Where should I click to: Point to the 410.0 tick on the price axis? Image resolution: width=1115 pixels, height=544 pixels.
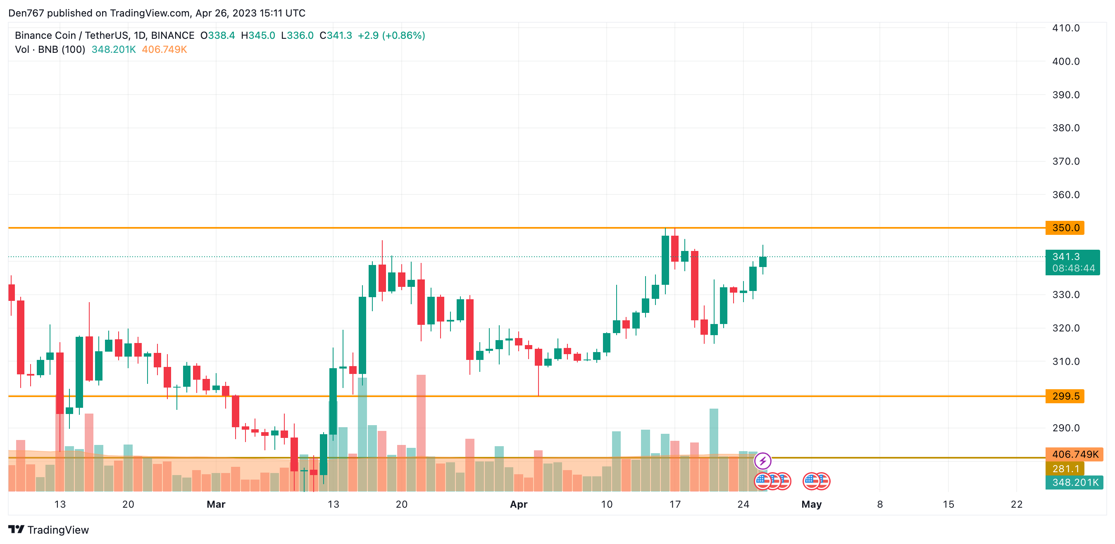pos(1066,28)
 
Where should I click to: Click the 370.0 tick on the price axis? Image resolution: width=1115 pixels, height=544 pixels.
pos(1066,161)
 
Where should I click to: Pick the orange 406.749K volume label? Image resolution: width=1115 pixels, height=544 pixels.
pos(1074,454)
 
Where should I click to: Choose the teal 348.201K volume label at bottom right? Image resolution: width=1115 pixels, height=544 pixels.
pos(1074,482)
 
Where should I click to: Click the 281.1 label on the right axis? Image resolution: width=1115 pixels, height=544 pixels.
pos(1065,468)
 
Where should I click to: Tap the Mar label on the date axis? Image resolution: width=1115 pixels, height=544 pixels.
pos(216,504)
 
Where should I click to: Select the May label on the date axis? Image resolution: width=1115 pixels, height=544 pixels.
pos(811,504)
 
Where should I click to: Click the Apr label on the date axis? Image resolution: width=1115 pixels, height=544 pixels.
pos(519,504)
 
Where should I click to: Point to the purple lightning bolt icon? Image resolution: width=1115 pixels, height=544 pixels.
pos(762,461)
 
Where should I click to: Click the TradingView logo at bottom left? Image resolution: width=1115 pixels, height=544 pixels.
pos(48,530)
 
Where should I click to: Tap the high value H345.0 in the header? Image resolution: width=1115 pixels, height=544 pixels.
pos(258,35)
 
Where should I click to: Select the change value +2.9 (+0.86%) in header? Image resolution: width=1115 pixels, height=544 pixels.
pos(391,35)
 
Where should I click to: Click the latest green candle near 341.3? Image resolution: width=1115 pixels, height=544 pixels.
pos(762,262)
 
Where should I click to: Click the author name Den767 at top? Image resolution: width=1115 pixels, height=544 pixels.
pos(26,13)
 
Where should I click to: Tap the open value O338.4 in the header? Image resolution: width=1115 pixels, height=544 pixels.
pos(218,35)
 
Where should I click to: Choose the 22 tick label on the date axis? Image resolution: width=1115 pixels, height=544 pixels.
pos(1016,504)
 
